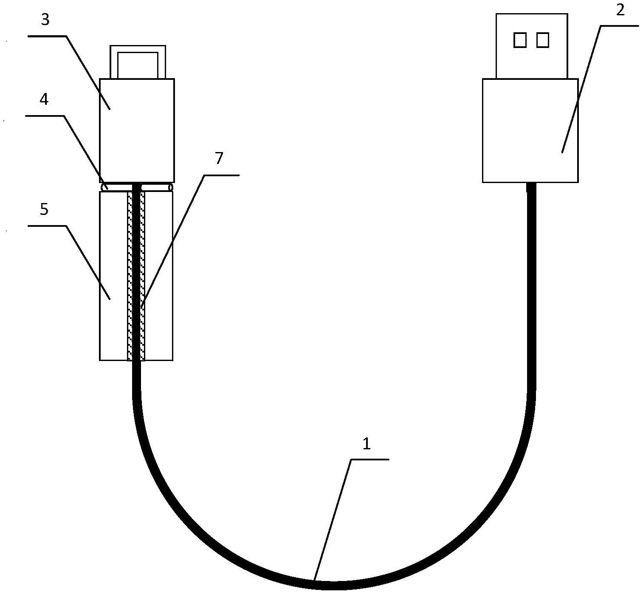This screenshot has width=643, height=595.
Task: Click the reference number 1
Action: pos(367,444)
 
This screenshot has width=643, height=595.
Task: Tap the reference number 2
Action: pos(620,10)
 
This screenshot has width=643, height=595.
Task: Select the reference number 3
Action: pos(45,20)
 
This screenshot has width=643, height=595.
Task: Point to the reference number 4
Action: pos(44,99)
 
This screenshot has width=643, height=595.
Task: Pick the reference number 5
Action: pos(44,209)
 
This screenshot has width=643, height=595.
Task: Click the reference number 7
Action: pos(219,158)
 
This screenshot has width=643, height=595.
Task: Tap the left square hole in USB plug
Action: pos(520,40)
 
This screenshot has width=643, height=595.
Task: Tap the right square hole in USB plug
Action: pos(543,40)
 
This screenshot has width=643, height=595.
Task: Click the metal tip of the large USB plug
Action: pos(532,46)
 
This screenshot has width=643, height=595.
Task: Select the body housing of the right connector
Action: pos(530,130)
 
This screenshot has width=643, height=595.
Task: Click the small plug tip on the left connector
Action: pos(138,62)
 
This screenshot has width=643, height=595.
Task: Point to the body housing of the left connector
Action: pos(137,130)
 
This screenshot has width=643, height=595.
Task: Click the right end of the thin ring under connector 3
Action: pos(171,187)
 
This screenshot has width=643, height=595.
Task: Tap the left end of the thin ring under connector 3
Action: pos(104,187)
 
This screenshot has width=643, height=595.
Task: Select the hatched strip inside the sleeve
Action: pos(136,276)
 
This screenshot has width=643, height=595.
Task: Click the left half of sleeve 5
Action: pos(114,276)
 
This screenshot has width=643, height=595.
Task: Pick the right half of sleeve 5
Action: pos(159,276)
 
